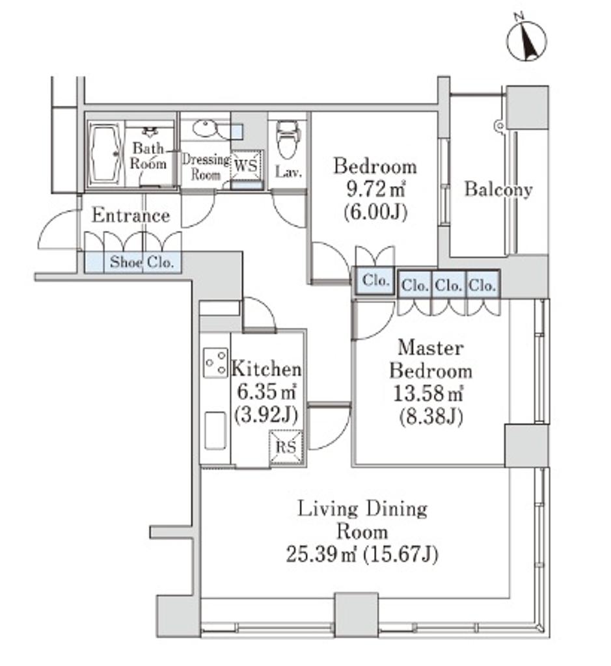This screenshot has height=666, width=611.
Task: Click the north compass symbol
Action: [526, 40]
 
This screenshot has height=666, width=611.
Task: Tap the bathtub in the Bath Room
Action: [104, 154]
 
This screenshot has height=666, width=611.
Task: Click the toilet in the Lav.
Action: [288, 139]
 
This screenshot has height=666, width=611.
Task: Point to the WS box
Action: [246, 165]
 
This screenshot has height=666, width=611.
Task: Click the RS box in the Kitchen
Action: [287, 446]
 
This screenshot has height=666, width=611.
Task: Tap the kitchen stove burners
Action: [215, 362]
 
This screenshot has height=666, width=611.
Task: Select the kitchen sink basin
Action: [215, 431]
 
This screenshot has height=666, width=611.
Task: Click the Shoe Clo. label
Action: [142, 262]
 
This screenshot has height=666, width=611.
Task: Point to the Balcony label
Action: [498, 189]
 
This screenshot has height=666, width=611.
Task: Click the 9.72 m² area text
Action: [375, 189]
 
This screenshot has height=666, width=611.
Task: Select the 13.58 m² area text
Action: [428, 393]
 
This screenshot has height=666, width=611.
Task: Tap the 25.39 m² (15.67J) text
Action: [362, 554]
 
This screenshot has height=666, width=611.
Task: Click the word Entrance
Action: [131, 215]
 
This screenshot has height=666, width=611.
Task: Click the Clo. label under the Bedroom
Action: [376, 280]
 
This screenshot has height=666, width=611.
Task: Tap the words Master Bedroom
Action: [430, 359]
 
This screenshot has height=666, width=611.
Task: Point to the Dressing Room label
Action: [206, 167]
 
